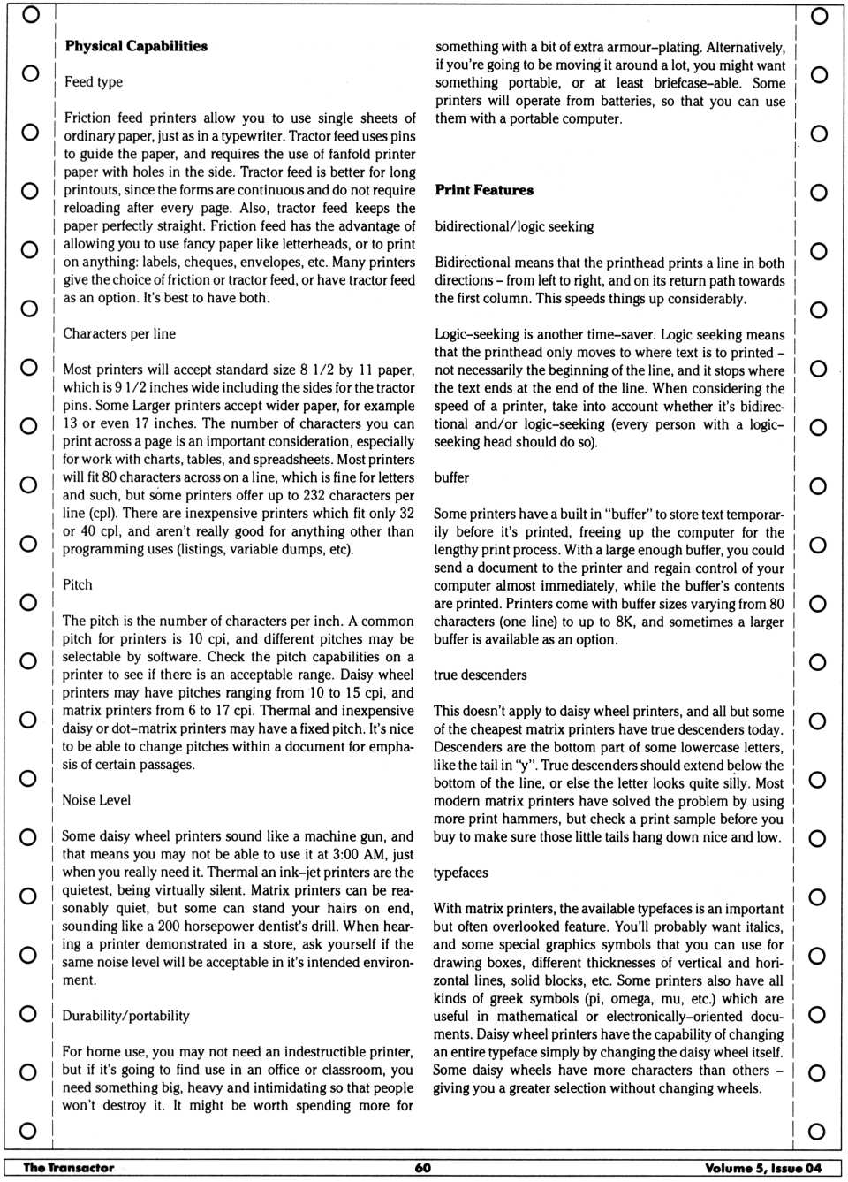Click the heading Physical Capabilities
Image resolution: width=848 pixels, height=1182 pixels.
click(136, 46)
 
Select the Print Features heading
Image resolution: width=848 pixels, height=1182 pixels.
click(484, 190)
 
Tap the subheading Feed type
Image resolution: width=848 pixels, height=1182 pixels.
click(93, 82)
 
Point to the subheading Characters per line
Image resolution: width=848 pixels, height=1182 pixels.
click(119, 334)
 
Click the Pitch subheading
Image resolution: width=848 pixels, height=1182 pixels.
click(78, 585)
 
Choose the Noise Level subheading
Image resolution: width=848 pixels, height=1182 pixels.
click(96, 800)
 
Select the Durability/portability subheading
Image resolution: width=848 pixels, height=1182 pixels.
click(125, 1016)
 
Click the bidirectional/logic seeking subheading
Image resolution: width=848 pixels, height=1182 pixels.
click(514, 226)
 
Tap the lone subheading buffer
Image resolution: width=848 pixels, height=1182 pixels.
click(451, 477)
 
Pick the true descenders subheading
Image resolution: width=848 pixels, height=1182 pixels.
click(480, 675)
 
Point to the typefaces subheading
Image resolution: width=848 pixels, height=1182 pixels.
click(460, 873)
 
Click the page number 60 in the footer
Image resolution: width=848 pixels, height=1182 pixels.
click(423, 1168)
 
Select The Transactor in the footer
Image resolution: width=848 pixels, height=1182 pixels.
click(69, 1168)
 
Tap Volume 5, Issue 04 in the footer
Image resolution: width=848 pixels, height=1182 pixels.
click(763, 1168)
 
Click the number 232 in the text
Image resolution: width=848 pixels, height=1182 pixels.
click(315, 495)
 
